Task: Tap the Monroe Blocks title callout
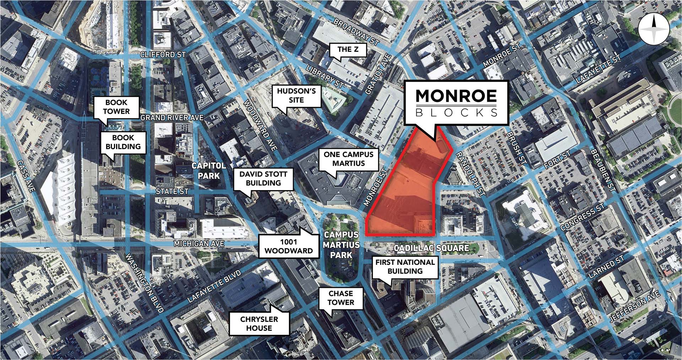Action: pyautogui.click(x=456, y=103)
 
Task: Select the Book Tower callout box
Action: pyautogui.click(x=116, y=107)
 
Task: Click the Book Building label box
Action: pyautogui.click(x=123, y=142)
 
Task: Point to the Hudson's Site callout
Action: pyautogui.click(x=296, y=96)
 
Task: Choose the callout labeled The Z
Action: pyautogui.click(x=348, y=49)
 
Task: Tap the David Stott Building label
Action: pyautogui.click(x=263, y=178)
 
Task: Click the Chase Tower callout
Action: pyautogui.click(x=341, y=298)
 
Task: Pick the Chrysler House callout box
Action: pyautogui.click(x=259, y=323)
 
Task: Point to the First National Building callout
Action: pyautogui.click(x=405, y=267)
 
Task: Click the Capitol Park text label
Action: pyautogui.click(x=209, y=170)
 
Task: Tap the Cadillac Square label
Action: pyautogui.click(x=431, y=248)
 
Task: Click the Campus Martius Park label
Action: pyautogui.click(x=341, y=245)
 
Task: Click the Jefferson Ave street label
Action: pyautogui.click(x=634, y=307)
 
